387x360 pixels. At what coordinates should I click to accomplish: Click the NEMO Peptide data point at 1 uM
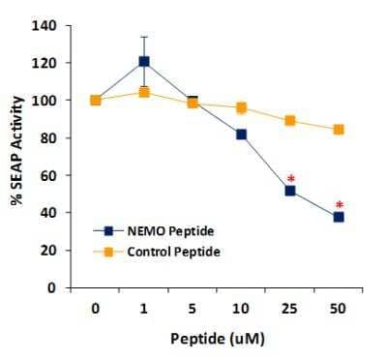pos(144,62)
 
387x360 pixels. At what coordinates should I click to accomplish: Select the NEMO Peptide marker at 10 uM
pos(242,135)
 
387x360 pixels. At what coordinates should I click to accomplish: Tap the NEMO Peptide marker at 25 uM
pos(290,191)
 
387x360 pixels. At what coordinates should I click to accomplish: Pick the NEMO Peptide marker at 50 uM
pos(339,217)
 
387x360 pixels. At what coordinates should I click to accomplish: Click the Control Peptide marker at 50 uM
pos(339,130)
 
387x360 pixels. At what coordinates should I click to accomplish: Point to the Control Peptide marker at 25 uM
pos(290,121)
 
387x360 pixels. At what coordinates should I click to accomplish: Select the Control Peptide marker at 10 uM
pos(242,107)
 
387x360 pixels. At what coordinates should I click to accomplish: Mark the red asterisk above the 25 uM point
pos(290,178)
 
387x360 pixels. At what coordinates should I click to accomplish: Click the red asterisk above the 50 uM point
pos(340,204)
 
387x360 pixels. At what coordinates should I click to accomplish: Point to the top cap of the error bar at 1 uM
pos(144,37)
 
